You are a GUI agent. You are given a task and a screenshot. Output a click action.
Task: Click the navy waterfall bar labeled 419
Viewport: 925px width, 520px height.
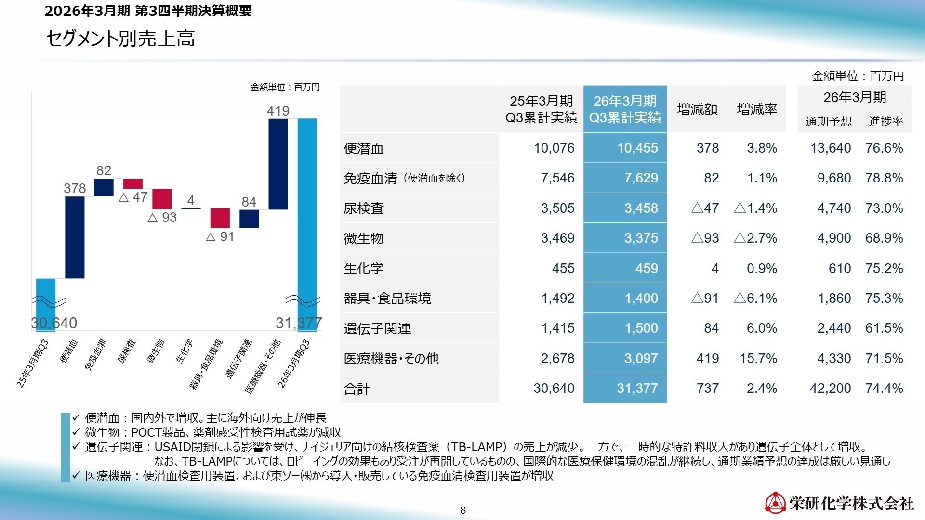278,164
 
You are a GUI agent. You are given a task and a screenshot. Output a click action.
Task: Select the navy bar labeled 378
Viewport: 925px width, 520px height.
75,237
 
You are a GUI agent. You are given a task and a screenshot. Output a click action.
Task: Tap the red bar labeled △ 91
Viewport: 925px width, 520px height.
220,218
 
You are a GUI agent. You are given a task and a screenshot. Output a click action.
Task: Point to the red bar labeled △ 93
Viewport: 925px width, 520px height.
162,198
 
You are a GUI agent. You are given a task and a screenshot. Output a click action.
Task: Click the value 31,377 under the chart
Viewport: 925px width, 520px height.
299,323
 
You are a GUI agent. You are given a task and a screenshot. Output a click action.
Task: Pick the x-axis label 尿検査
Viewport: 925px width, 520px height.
127,351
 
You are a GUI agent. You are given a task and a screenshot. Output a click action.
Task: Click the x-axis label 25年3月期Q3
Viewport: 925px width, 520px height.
33,363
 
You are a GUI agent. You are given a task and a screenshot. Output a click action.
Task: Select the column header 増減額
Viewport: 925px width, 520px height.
697,109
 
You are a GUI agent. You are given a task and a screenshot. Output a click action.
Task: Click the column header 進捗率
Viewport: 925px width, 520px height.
885,121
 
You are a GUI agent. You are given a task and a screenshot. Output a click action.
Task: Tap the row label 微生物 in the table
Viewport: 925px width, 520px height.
364,238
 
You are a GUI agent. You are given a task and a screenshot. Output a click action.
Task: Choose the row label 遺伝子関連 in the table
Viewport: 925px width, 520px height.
377,328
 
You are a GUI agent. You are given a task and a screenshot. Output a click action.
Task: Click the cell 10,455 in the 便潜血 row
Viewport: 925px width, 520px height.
637,148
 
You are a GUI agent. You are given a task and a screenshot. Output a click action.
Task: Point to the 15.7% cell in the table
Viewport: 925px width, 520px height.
758,358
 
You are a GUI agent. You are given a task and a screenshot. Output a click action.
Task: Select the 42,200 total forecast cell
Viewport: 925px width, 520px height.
830,388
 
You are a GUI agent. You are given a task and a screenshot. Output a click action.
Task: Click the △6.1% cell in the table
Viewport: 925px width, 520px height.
755,298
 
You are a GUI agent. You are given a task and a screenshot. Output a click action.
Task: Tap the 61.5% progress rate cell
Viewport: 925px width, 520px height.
884,328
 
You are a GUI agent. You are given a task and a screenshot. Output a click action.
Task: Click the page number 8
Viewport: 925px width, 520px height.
463,510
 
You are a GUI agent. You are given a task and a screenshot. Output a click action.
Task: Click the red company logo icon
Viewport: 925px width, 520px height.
775,503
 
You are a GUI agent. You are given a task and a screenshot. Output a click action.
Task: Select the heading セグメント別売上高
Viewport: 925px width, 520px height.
120,39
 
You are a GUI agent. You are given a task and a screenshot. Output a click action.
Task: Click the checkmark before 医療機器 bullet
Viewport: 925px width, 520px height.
76,476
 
